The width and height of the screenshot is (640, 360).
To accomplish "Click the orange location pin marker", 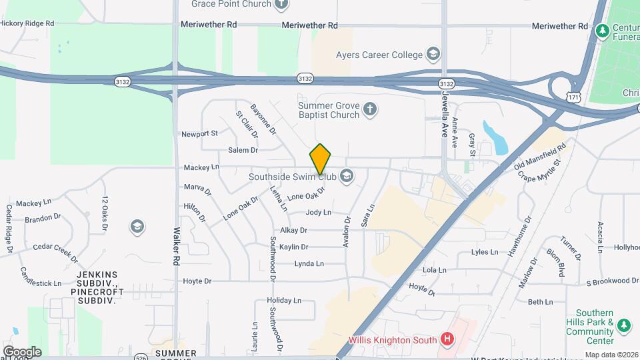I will pos(321,159).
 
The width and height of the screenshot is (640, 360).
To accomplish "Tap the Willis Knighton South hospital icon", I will pos(447,340).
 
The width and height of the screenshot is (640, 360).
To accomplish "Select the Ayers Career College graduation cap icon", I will pos(433,54).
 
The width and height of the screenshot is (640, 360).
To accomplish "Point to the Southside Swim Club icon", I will pos(346,177).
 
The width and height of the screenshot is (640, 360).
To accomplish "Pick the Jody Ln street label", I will pos(318,213).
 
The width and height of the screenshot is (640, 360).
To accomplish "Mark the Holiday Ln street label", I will pos(284,301).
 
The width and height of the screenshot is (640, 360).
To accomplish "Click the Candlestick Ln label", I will pos(41,278).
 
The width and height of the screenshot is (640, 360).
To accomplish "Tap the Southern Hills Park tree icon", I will pos(623,325).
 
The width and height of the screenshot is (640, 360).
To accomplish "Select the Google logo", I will pos(22,351).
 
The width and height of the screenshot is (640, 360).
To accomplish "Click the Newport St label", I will pos(199,133).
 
